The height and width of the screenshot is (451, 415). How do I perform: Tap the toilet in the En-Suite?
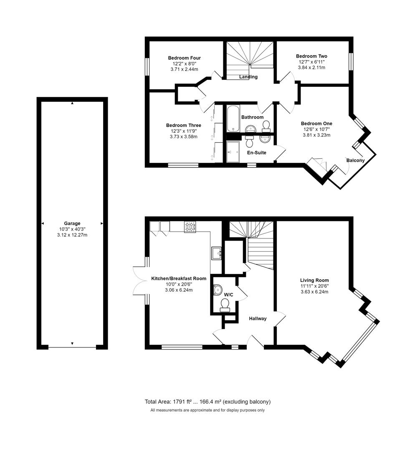coord(250,142)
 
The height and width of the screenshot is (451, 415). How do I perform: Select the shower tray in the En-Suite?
coord(234,152)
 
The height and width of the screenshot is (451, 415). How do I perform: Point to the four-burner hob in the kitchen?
coord(190,226)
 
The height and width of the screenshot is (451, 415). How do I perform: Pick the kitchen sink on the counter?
coord(216,253)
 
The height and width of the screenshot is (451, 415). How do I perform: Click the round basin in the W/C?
coord(218,289)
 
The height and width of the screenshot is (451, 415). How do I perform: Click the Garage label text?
coord(72,223)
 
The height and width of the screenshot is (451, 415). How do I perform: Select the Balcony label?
coord(355,160)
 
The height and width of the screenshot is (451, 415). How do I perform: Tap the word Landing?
coord(248,77)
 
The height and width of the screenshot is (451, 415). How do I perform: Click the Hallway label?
coord(258,319)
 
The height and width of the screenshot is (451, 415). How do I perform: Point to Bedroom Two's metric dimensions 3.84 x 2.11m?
coord(311,68)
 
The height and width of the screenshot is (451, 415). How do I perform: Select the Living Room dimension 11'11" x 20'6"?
coord(314,286)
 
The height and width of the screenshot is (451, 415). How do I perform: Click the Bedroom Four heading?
coord(184,58)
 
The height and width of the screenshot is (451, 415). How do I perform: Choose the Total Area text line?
coord(207,402)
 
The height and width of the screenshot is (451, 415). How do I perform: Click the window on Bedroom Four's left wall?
coord(147,66)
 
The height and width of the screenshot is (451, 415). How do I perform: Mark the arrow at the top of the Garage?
coord(72,103)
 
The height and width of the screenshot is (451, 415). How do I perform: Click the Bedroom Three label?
coord(183,125)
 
